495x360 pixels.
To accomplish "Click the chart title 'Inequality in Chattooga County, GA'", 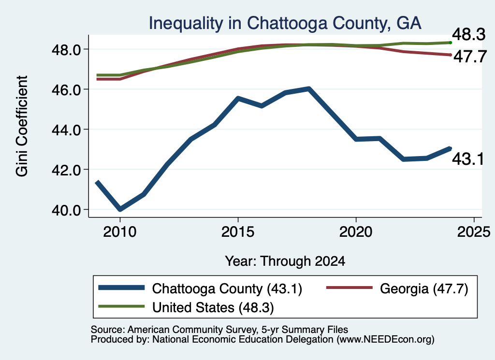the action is click(x=285, y=23).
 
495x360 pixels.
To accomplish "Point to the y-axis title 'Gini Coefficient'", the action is click(x=22, y=126).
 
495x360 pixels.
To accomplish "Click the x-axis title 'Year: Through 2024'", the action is click(x=285, y=261).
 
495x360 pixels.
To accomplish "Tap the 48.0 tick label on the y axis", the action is click(x=66, y=50).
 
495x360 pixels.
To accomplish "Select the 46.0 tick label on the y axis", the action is click(x=66, y=90).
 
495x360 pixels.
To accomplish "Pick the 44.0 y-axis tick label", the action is click(x=66, y=130).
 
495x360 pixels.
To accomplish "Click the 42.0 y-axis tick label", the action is click(x=66, y=170).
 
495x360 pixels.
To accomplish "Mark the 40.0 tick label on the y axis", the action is click(x=66, y=210).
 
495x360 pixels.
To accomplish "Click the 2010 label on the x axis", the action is click(x=120, y=232).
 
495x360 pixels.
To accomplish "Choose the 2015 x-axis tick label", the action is click(x=238, y=232).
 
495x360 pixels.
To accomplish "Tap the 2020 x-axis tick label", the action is click(x=356, y=232).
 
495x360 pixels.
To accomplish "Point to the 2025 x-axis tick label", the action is click(x=474, y=232).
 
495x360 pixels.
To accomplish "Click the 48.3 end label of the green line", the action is click(x=469, y=34).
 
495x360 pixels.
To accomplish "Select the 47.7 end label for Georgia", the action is click(x=470, y=57).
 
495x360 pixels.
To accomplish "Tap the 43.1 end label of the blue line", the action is click(x=468, y=158).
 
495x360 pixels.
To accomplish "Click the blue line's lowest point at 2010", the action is click(x=120, y=209).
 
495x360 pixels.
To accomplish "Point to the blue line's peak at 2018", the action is click(x=309, y=89).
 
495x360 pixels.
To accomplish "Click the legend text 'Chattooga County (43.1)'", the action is click(x=227, y=288).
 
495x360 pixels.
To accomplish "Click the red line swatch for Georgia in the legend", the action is click(x=349, y=288).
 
